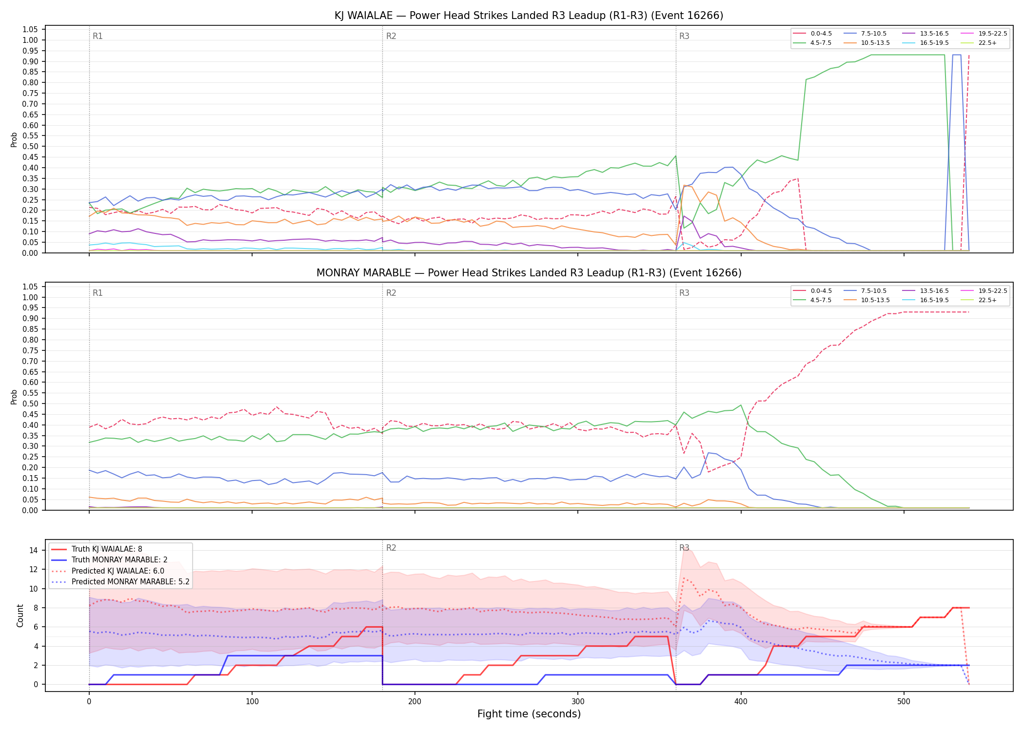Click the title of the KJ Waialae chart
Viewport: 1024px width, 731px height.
pyautogui.click(x=529, y=16)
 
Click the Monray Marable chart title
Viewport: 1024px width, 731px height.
pyautogui.click(x=529, y=273)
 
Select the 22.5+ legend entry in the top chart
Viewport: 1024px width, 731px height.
pyautogui.click(x=980, y=43)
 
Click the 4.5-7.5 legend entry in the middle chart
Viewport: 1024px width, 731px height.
pyautogui.click(x=812, y=300)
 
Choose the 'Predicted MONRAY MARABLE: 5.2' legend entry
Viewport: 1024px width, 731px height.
pyautogui.click(x=120, y=581)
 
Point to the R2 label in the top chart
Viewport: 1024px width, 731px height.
pyautogui.click(x=391, y=36)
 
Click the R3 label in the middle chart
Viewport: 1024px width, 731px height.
pyautogui.click(x=684, y=293)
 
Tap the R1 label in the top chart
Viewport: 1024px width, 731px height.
pyautogui.click(x=98, y=36)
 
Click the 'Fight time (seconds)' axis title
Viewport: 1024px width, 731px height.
pyautogui.click(x=529, y=714)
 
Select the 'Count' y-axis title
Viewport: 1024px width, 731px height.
pyautogui.click(x=20, y=616)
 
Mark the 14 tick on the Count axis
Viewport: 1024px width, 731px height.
pyautogui.click(x=34, y=550)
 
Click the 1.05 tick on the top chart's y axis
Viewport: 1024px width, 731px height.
pyautogui.click(x=30, y=30)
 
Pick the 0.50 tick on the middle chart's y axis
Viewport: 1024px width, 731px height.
pyautogui.click(x=30, y=404)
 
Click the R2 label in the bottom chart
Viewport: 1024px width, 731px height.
pyautogui.click(x=391, y=548)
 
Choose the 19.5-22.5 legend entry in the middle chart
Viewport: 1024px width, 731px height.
pyautogui.click(x=984, y=291)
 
